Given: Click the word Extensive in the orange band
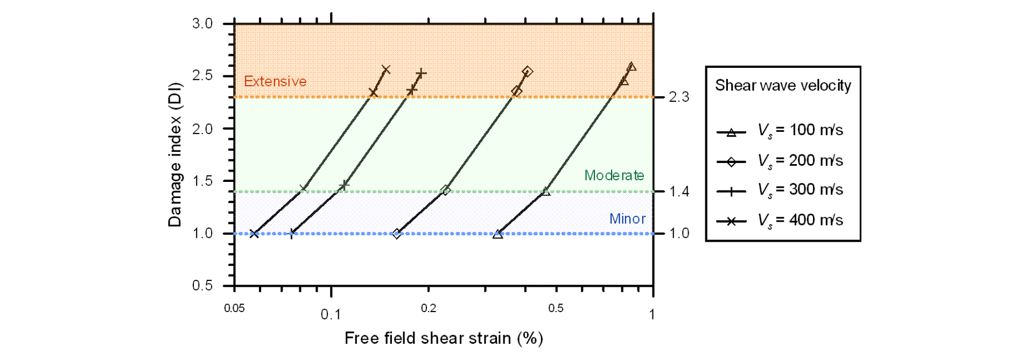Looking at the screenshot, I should point(275,81).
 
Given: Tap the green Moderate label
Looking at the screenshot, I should point(614,175).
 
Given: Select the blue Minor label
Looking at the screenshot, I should point(627,219).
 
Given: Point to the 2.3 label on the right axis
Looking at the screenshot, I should point(679,97).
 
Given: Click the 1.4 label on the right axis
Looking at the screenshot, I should point(679,192).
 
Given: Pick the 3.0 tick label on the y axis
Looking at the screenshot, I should point(202,24).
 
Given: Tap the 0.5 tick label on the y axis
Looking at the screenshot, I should point(202,285).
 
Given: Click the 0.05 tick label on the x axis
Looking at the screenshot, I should point(234,308).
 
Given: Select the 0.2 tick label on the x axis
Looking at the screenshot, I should point(429,308).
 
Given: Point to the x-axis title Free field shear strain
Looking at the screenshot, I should point(444,338).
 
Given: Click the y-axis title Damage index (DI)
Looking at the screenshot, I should point(175,155).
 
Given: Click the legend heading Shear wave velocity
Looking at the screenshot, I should point(783,86).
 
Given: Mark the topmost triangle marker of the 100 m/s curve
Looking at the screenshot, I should point(632,67).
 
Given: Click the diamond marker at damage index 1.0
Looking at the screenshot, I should point(397,234).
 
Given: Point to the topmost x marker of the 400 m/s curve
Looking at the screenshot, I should point(385,69).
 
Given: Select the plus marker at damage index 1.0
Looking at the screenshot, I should point(292,233).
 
